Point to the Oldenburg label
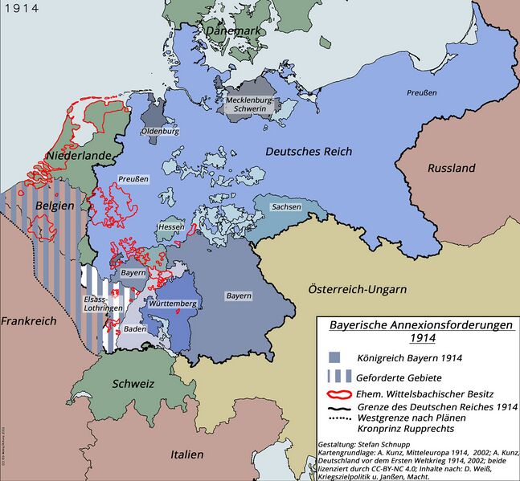(x=160, y=131)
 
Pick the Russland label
(x=452, y=168)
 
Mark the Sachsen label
(x=287, y=207)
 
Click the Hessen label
(x=171, y=228)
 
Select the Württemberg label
(x=170, y=304)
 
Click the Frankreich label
(x=29, y=320)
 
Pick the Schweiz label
(x=133, y=384)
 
